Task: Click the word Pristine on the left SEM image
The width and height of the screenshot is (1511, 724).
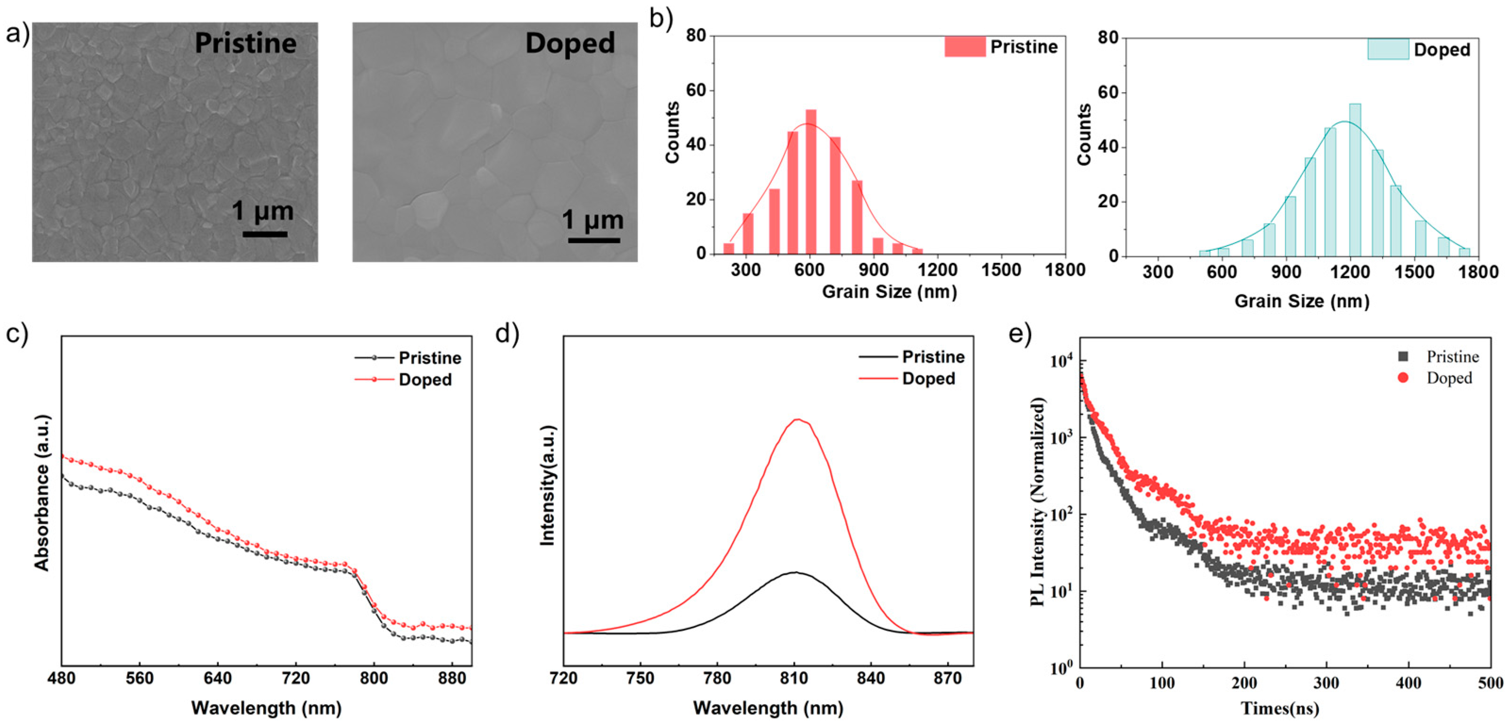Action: pyautogui.click(x=245, y=43)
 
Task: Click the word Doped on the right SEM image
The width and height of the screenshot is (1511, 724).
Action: pyautogui.click(x=569, y=43)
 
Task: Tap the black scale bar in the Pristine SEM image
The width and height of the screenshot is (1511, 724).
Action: pyautogui.click(x=265, y=234)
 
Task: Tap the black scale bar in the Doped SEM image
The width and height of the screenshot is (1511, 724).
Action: pyautogui.click(x=593, y=240)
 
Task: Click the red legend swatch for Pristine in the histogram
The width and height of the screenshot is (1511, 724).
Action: pyautogui.click(x=964, y=47)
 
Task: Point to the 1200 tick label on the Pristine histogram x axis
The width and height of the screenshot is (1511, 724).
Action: pyautogui.click(x=937, y=270)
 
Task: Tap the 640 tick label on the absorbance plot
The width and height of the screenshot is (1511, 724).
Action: pyautogui.click(x=217, y=678)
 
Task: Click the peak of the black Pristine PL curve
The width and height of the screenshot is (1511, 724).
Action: pyautogui.click(x=795, y=572)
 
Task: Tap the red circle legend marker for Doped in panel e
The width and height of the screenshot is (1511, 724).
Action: pyautogui.click(x=1402, y=378)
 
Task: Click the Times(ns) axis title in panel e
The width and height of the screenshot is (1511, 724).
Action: pyautogui.click(x=1280, y=708)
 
